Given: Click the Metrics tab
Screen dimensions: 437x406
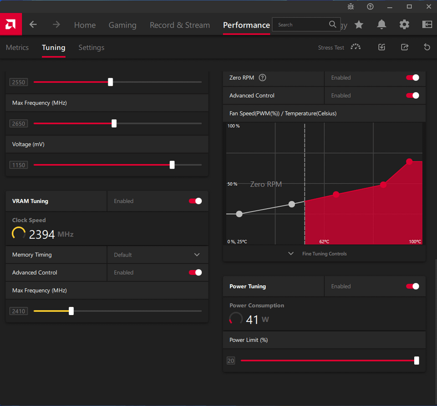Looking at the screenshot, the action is click(x=17, y=48).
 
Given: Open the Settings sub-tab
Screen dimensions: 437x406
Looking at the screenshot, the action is click(x=91, y=48).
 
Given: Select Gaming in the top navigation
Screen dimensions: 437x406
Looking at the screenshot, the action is click(x=122, y=25).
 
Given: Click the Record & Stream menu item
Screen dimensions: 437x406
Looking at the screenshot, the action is click(x=180, y=25).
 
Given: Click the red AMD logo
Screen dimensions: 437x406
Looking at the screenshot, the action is click(x=11, y=24).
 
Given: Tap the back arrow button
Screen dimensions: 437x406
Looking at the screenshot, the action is click(x=33, y=25).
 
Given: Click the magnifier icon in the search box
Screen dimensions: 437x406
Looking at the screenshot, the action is click(x=332, y=24).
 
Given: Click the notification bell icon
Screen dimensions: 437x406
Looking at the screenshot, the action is click(x=381, y=25).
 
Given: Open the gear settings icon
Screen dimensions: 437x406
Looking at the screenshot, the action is click(x=404, y=25).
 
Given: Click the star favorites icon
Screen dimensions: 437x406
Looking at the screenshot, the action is click(x=359, y=25).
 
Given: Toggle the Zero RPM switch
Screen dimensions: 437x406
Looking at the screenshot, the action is click(x=413, y=78).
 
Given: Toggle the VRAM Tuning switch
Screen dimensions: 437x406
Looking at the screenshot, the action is click(x=195, y=201).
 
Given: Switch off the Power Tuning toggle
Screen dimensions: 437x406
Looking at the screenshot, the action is click(x=413, y=286).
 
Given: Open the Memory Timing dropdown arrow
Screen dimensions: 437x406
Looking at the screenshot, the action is click(x=197, y=255).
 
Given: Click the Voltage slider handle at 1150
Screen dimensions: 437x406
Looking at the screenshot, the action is click(x=172, y=165).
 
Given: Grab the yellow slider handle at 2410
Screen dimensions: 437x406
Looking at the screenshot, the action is click(x=71, y=311).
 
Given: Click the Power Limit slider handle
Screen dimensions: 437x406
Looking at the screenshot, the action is click(x=417, y=361).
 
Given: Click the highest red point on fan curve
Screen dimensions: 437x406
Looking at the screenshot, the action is click(x=409, y=161).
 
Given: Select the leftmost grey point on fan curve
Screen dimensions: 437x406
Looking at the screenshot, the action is click(x=239, y=214).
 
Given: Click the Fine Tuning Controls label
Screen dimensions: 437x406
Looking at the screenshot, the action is click(x=325, y=254).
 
